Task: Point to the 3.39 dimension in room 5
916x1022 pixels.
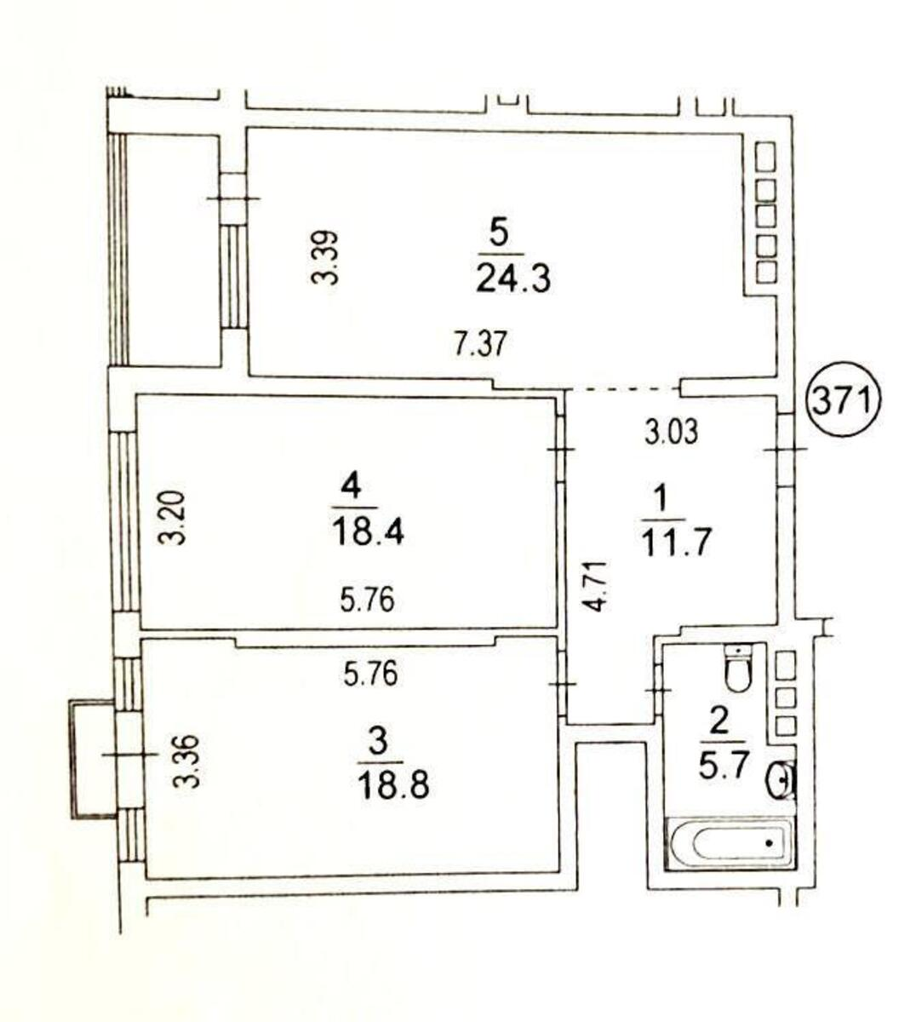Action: click(x=326, y=257)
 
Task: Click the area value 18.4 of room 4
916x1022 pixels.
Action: click(x=367, y=532)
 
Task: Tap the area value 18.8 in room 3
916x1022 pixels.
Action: click(x=393, y=782)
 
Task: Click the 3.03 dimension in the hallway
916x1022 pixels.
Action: click(x=671, y=431)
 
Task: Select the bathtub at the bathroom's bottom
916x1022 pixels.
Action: click(x=730, y=843)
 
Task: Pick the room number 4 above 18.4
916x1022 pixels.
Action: click(x=351, y=487)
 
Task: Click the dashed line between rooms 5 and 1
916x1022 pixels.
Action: click(x=624, y=388)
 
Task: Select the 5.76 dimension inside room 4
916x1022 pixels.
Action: click(x=367, y=601)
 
